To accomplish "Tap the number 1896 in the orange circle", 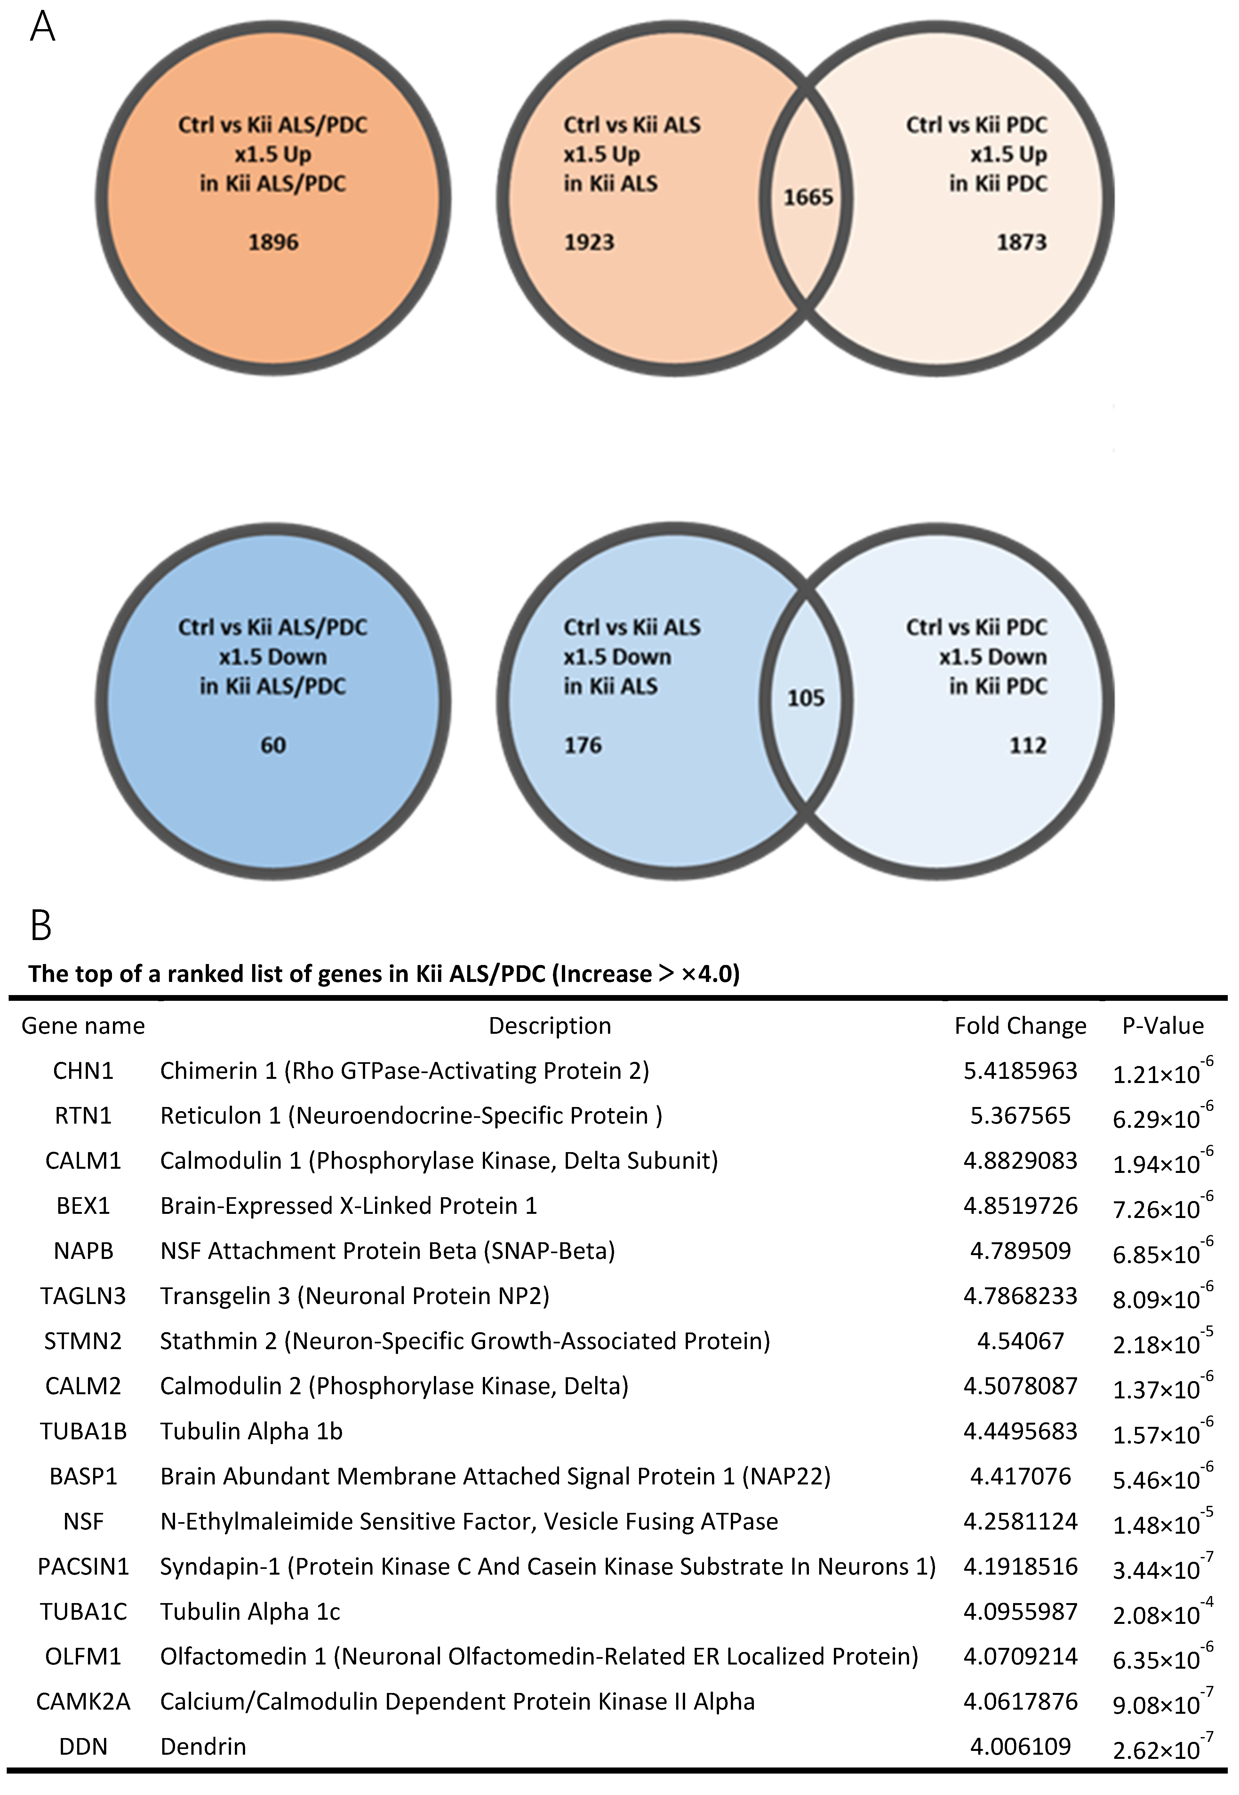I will [273, 242].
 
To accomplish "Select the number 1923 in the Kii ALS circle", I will [589, 242].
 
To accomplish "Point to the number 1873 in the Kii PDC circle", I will [1022, 242].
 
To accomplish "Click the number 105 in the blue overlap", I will [806, 699].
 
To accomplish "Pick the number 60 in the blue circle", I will [273, 745].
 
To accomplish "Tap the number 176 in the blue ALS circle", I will [583, 745].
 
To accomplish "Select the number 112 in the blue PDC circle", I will [1028, 745].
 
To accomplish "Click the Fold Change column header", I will [1020, 1026].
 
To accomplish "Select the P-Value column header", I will [1163, 1026].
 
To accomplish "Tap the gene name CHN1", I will [83, 1071].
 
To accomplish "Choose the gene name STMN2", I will [83, 1341].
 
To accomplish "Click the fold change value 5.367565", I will [1020, 1116].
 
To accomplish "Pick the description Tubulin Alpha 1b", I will [251, 1431].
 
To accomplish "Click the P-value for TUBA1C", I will [1162, 1613].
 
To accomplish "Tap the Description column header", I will [550, 1026].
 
